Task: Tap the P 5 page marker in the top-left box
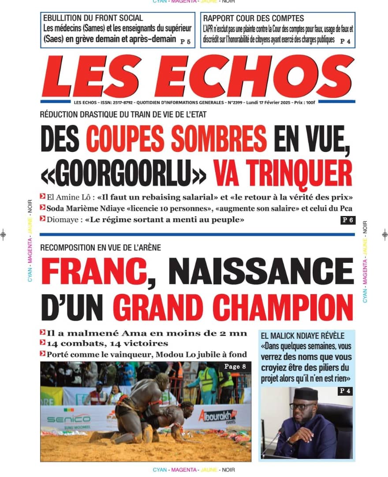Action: (x=186, y=41)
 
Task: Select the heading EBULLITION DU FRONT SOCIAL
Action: (x=93, y=18)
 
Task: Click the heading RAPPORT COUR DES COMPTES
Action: (x=254, y=18)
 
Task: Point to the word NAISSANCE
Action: (x=261, y=272)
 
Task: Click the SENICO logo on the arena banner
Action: (x=68, y=418)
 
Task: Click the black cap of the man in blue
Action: (x=306, y=393)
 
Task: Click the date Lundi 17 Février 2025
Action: (x=257, y=102)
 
